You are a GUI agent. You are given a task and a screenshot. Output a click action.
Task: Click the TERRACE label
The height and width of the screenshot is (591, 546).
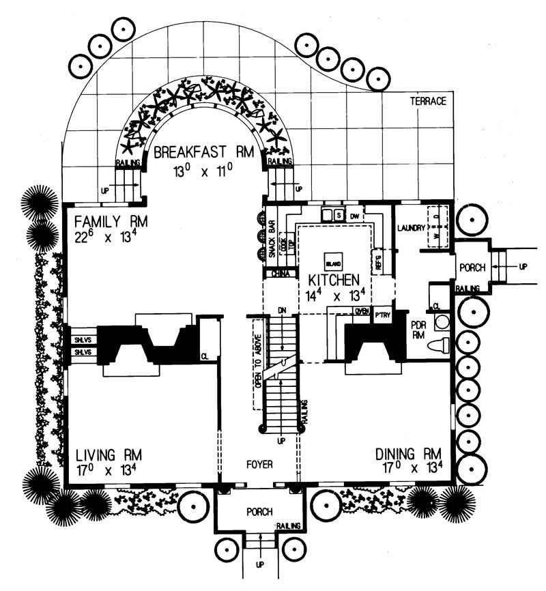tap(427, 102)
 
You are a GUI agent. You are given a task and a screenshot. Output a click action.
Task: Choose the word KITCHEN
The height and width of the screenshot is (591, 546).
tap(334, 280)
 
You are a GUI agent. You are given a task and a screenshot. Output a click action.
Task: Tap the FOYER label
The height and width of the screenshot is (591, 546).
tap(259, 465)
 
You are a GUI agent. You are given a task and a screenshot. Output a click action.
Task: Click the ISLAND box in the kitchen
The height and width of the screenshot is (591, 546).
tap(333, 262)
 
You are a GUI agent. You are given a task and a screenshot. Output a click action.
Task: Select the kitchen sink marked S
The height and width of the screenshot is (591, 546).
tap(337, 216)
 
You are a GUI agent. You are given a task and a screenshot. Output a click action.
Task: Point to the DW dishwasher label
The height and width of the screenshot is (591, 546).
tap(354, 216)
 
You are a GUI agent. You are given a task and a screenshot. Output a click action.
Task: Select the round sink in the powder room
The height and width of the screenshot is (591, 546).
tap(442, 321)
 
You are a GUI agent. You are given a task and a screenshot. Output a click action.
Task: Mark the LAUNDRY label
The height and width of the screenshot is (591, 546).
tap(412, 227)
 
